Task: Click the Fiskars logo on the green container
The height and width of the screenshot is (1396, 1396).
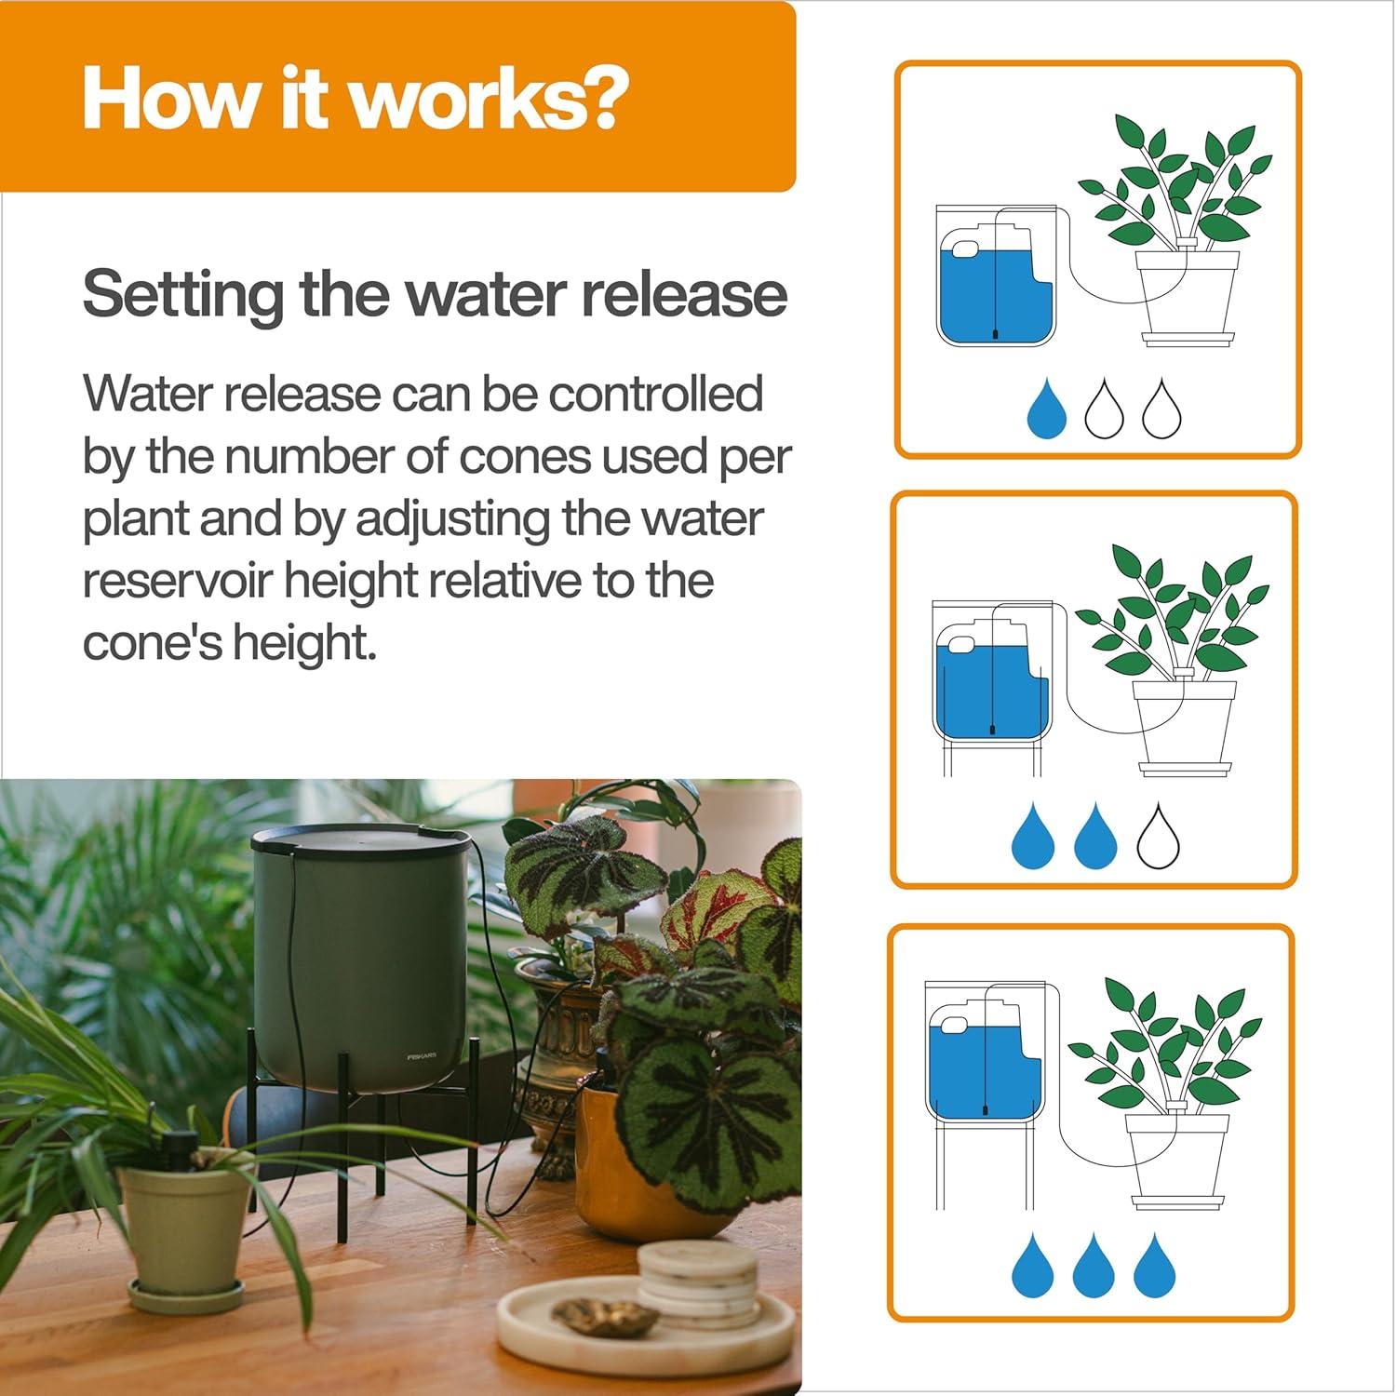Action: pos(422,1056)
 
